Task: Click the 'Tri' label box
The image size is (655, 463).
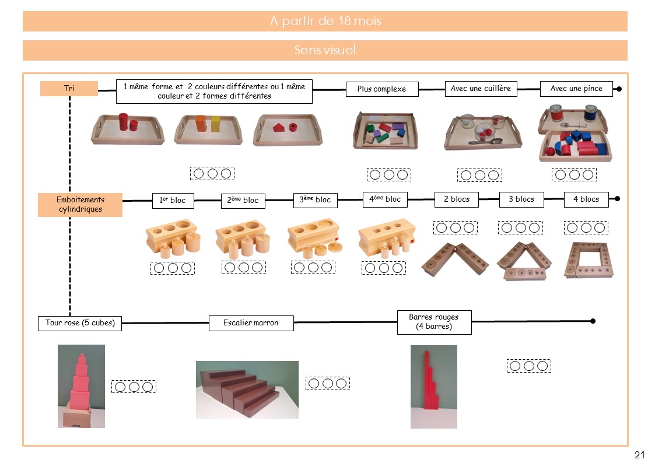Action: [x=69, y=89]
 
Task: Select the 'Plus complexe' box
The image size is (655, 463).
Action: [x=381, y=89]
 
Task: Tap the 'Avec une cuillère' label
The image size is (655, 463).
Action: [x=481, y=89]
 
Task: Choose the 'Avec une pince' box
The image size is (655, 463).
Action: [x=576, y=89]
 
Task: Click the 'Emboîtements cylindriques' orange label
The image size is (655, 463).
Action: [x=80, y=205]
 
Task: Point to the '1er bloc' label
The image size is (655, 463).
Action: [x=172, y=200]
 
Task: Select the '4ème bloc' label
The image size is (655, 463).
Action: [x=384, y=199]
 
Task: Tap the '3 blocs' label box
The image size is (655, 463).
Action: [x=521, y=199]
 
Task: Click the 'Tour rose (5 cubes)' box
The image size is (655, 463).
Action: [x=80, y=323]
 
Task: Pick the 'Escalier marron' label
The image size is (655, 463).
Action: [x=251, y=323]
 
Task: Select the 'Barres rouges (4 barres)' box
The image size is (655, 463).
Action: [x=434, y=322]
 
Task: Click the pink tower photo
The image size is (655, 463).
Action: [x=81, y=386]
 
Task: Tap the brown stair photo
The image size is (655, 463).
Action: [x=247, y=389]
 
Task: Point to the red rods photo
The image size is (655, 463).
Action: [x=433, y=386]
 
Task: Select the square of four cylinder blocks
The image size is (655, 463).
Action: [x=588, y=260]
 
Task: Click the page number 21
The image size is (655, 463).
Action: [x=639, y=455]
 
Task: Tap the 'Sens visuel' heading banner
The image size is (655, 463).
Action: [x=325, y=51]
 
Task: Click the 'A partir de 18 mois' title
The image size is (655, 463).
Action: [x=325, y=22]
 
